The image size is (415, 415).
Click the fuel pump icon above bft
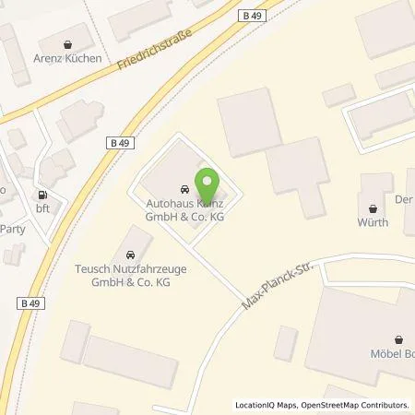(x=41, y=196)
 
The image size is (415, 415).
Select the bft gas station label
(x=41, y=209)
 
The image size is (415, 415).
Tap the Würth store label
(x=373, y=222)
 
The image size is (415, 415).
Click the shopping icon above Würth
(x=373, y=207)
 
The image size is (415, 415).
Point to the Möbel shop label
(x=393, y=353)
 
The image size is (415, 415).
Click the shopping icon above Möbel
(x=398, y=338)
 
